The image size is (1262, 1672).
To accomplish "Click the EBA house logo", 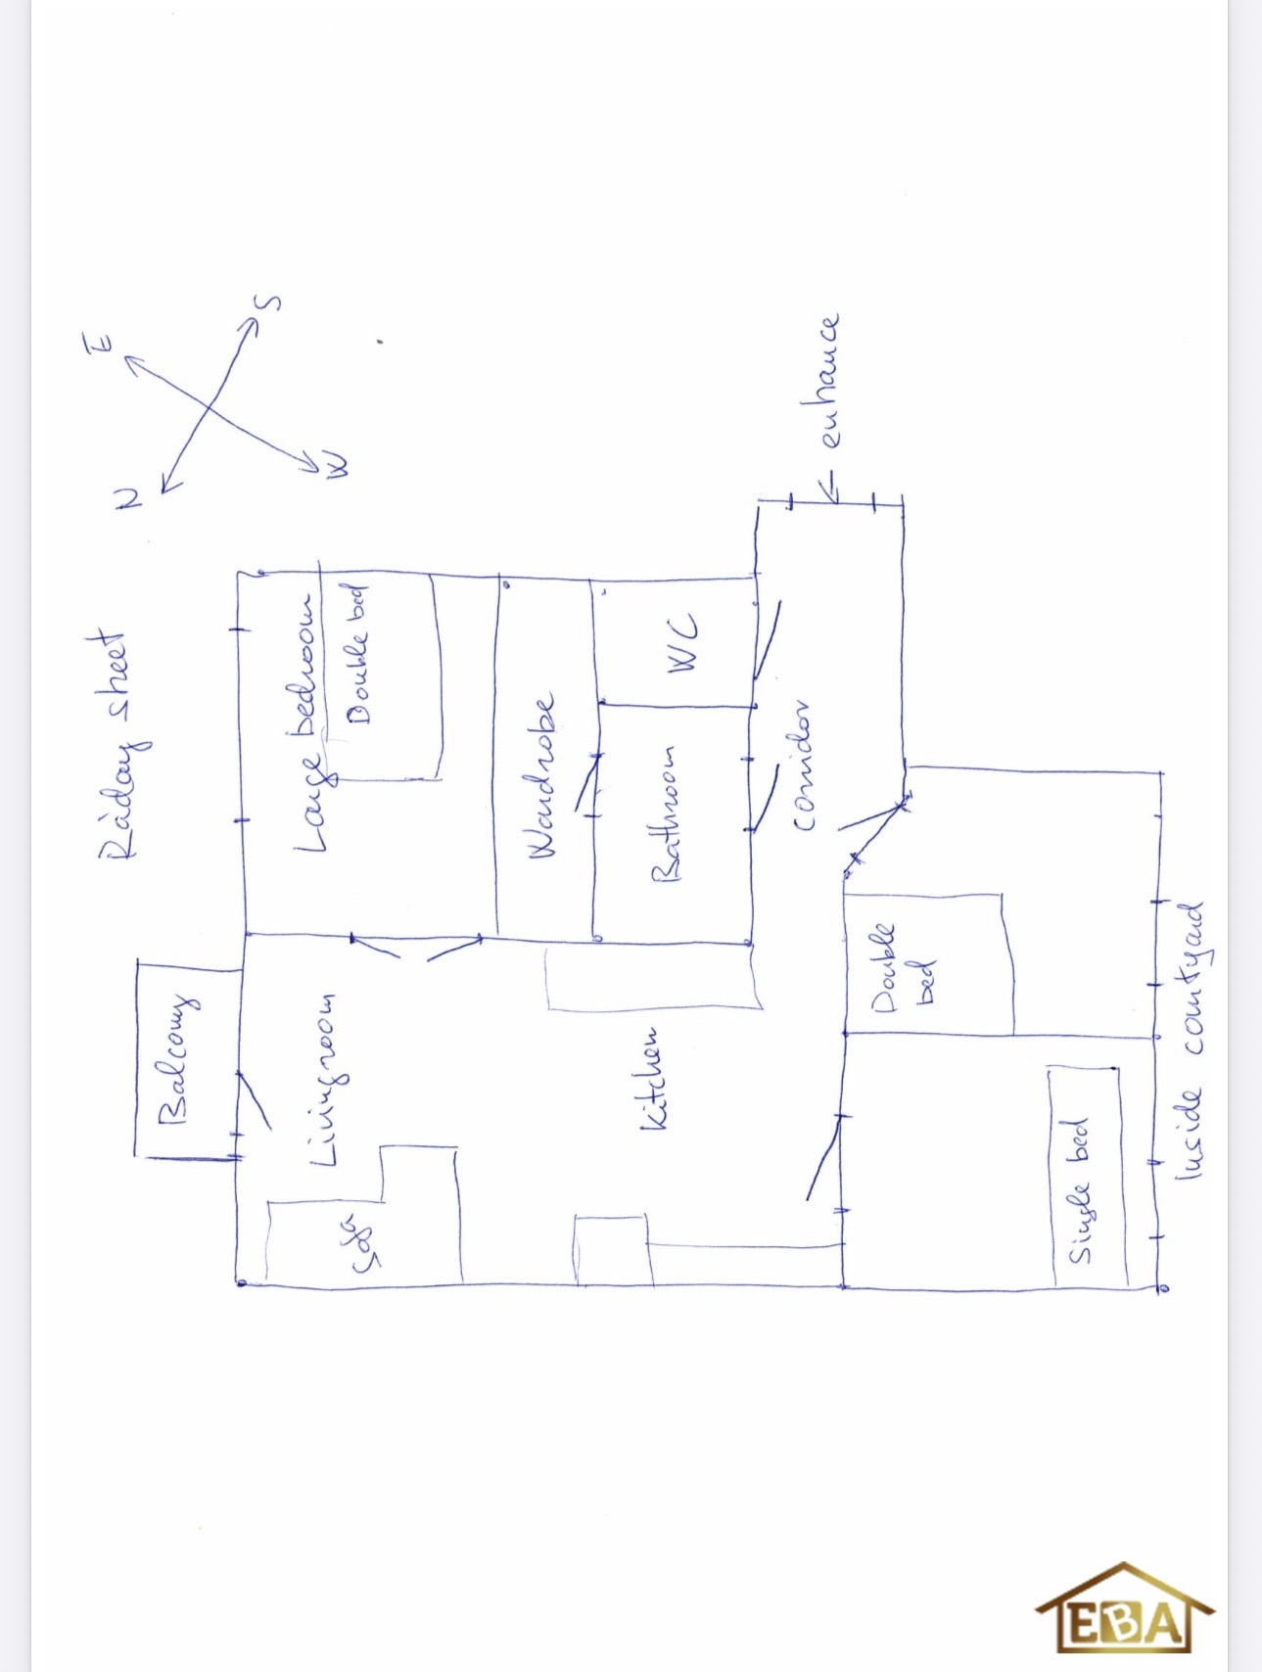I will (1125, 1608).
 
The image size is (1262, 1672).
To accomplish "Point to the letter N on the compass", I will (127, 498).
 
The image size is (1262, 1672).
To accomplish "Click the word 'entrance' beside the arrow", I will (829, 381).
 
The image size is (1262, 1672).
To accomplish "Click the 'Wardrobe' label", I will (541, 776).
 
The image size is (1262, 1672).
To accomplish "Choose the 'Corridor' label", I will (805, 766).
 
